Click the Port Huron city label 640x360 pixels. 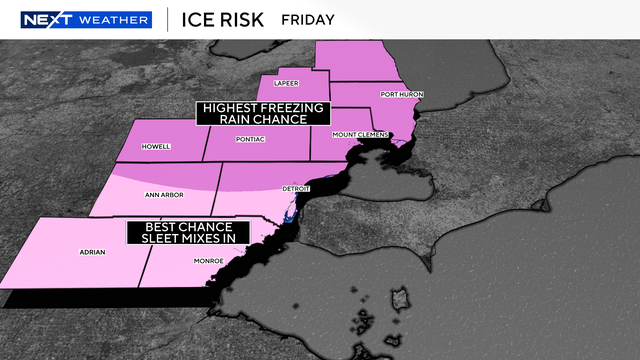402,94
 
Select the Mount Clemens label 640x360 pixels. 356,134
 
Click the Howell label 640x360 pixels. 157,146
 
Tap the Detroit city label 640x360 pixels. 298,188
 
